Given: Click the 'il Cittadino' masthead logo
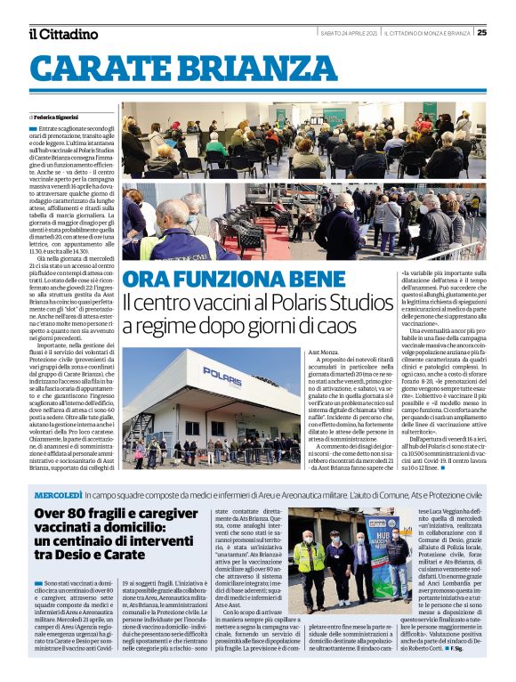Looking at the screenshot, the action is (x=62, y=34).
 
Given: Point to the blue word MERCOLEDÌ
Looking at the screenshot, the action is (x=59, y=493).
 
